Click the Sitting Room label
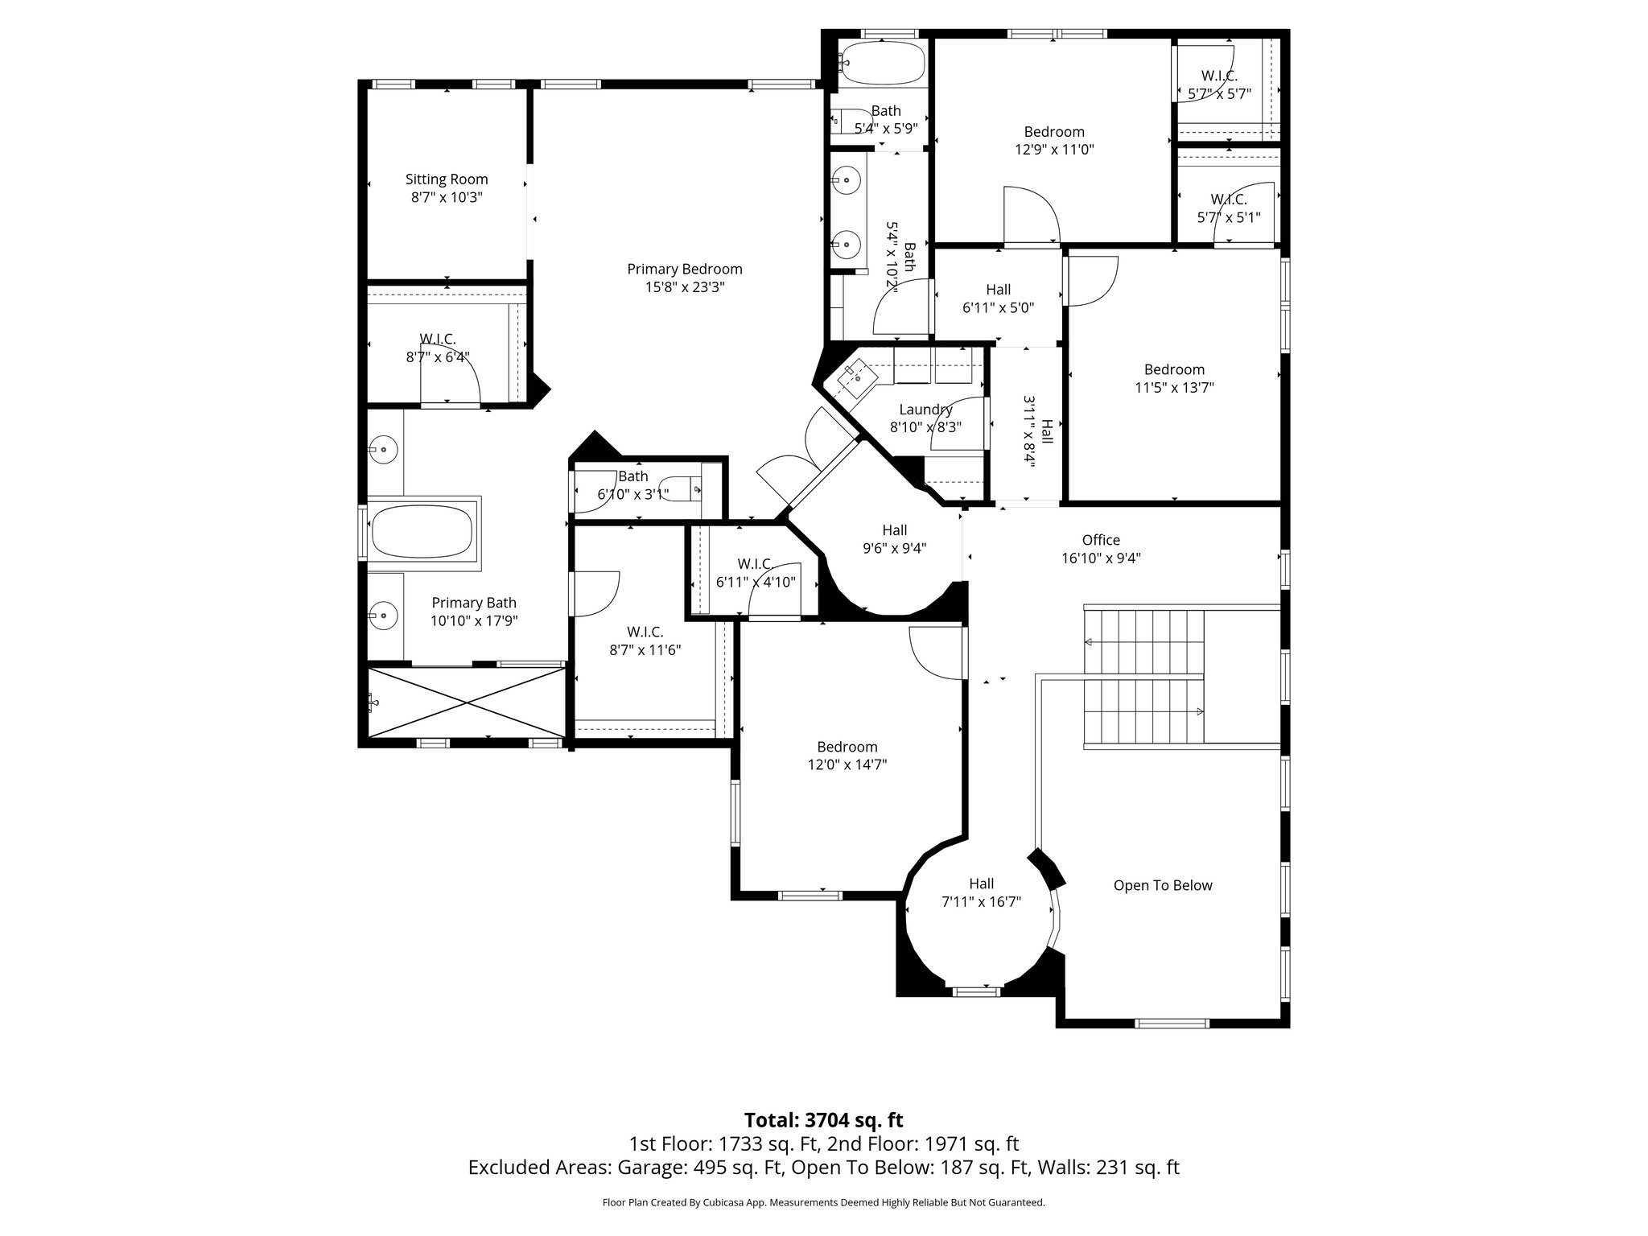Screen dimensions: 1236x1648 point(447,179)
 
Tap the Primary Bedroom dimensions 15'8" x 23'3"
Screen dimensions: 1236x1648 point(685,287)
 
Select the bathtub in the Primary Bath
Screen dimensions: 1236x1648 point(422,532)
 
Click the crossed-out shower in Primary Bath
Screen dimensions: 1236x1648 point(467,702)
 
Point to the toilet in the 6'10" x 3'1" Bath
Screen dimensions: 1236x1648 point(686,488)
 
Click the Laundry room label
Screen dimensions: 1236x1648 point(925,410)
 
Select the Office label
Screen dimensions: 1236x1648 point(1100,540)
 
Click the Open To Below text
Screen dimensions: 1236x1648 point(1162,885)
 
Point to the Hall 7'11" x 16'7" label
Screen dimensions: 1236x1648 point(981,884)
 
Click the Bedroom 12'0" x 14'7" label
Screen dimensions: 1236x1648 point(847,747)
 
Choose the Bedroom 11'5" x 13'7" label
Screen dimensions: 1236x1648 point(1174,369)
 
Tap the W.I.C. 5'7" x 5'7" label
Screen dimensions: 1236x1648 point(1219,76)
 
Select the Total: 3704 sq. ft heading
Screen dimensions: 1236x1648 point(823,1120)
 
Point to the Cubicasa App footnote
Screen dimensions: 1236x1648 point(823,1203)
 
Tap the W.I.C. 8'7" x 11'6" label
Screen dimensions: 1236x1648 point(645,632)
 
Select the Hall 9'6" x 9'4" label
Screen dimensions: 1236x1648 point(894,530)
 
